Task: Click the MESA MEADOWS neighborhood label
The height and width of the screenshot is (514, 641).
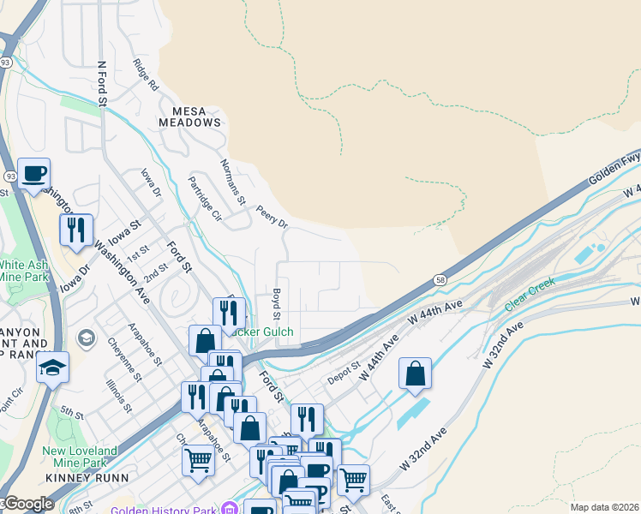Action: [189, 117]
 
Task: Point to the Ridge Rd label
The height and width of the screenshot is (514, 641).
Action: [147, 75]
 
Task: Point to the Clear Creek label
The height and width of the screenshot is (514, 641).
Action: [530, 294]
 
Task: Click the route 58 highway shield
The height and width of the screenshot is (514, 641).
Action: [440, 279]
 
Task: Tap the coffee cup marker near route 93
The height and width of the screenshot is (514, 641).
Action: [34, 174]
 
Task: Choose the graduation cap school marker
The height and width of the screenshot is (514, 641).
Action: [52, 368]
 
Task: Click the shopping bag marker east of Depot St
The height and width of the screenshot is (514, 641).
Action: [415, 373]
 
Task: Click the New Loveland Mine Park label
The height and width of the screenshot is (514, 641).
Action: [80, 457]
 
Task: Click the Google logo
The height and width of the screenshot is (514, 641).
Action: [27, 504]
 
